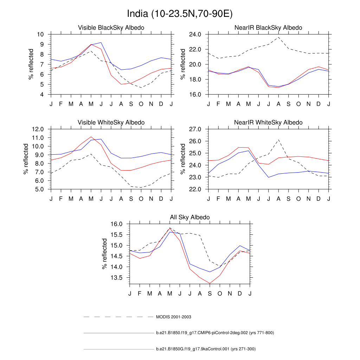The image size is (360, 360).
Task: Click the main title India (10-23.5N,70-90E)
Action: click(180, 14)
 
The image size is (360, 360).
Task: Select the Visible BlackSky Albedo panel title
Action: click(111, 27)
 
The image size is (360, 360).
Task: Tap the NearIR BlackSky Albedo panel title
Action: click(268, 27)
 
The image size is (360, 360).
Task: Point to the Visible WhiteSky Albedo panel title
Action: click(111, 122)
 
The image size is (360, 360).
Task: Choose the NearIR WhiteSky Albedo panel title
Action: click(268, 122)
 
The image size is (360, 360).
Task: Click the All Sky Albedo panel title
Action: click(190, 217)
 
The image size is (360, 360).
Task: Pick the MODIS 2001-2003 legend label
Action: click(174, 317)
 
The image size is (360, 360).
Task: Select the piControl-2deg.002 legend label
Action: click(214, 333)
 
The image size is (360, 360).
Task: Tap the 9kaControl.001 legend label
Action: click(206, 349)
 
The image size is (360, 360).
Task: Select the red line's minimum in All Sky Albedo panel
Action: click(210, 283)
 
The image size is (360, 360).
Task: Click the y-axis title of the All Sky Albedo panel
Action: click(104, 254)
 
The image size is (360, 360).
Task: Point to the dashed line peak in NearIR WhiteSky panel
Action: click(278, 140)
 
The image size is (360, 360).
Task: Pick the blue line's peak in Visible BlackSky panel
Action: click(101, 43)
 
